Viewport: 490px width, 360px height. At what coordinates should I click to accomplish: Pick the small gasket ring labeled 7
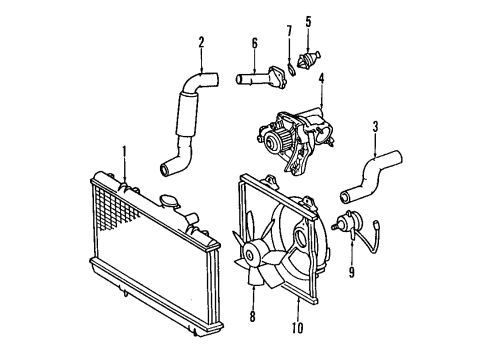pyautogui.click(x=291, y=66)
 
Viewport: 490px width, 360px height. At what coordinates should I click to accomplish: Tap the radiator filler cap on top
pyautogui.click(x=165, y=201)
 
